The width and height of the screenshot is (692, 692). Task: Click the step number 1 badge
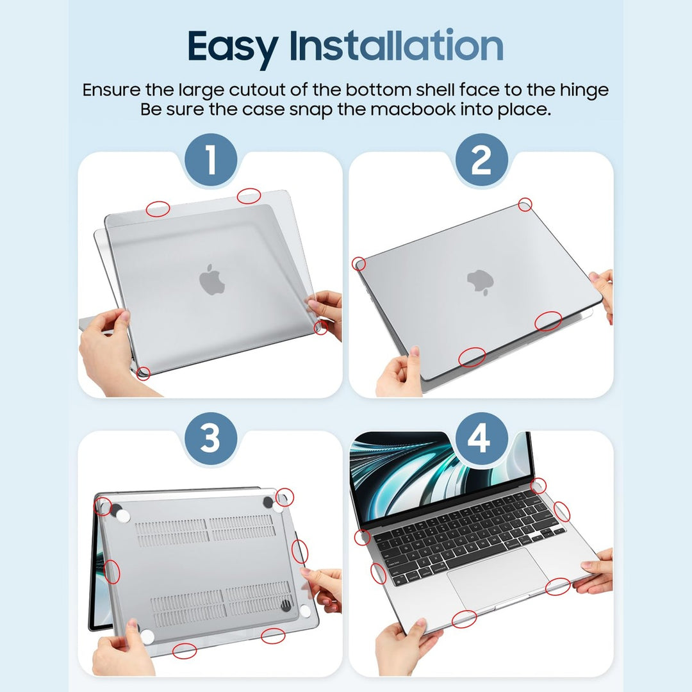211,160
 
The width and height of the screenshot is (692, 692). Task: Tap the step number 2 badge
481,160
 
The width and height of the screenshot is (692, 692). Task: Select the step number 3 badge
211,440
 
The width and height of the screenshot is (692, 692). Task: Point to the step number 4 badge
481,440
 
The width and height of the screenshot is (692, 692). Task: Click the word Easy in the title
233,46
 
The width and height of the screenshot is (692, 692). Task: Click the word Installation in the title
396,46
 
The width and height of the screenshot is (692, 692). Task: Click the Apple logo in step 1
212,281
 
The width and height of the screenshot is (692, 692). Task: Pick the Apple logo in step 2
479,282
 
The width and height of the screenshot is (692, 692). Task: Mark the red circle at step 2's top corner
525,204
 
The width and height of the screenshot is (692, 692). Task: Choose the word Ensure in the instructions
110,90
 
